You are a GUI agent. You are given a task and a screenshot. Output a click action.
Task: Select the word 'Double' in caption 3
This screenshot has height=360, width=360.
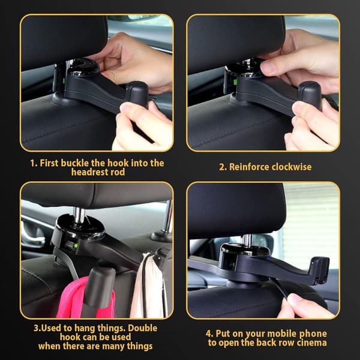coord(143,328)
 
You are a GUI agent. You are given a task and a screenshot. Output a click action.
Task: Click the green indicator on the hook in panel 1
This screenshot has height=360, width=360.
coord(64,81)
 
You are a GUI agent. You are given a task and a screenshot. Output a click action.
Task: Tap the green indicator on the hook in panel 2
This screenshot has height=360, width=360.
coord(235,82)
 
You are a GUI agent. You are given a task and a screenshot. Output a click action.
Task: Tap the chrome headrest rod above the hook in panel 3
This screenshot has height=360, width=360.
coord(79,215)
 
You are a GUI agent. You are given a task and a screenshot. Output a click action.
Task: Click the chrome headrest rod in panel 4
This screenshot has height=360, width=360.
coord(247,241)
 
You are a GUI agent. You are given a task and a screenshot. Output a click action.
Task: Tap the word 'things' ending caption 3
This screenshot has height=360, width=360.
coord(140,346)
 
